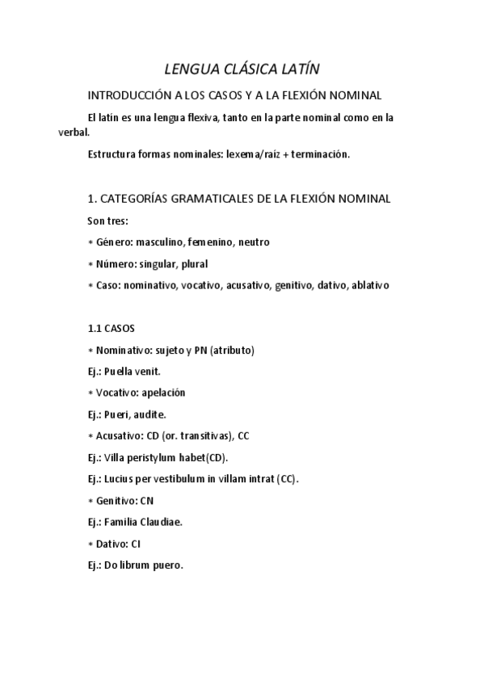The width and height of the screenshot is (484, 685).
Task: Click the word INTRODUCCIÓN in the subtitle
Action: pos(129,95)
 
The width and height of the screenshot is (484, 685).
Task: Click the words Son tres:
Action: pos(108,220)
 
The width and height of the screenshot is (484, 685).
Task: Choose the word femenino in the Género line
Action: pos(209,242)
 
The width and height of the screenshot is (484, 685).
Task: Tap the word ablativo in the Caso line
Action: pos(370,285)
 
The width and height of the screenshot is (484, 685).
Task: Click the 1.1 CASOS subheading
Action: pos(111,329)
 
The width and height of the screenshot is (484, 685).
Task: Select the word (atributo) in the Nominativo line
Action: pos(232,350)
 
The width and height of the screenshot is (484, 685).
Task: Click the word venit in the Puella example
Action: pos(147,372)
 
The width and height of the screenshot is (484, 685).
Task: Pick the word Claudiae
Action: pos(162,522)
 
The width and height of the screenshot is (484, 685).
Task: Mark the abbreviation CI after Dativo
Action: pos(135,544)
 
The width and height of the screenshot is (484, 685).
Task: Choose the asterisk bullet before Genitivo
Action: pos(90,501)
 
